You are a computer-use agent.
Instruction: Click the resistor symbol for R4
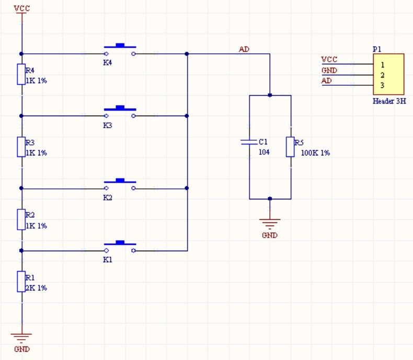click(21, 74)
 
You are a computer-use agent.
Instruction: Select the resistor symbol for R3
click(21, 147)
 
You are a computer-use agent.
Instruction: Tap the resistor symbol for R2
click(21, 220)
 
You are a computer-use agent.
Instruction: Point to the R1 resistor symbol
click(21, 282)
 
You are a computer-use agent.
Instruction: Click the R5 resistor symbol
click(290, 147)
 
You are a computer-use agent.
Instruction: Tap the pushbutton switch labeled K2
click(120, 185)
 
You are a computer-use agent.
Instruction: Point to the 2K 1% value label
click(36, 288)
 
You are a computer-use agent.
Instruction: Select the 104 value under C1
click(264, 152)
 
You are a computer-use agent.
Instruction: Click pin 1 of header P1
click(383, 65)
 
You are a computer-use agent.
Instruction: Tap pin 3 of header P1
click(383, 85)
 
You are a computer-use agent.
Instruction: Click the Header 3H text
click(389, 102)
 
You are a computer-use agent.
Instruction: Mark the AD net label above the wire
click(244, 49)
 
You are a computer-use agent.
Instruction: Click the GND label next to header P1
click(329, 70)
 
